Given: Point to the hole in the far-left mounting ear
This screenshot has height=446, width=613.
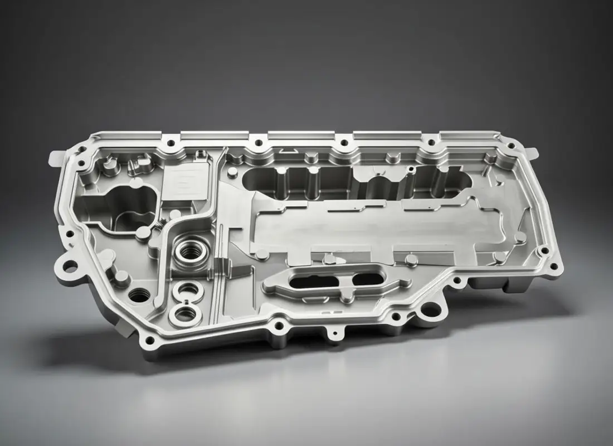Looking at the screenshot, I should coord(70,266).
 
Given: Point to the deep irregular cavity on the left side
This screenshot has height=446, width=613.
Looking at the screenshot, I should coord(129,206).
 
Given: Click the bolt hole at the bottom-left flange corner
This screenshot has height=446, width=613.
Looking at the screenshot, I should coord(149,339).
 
